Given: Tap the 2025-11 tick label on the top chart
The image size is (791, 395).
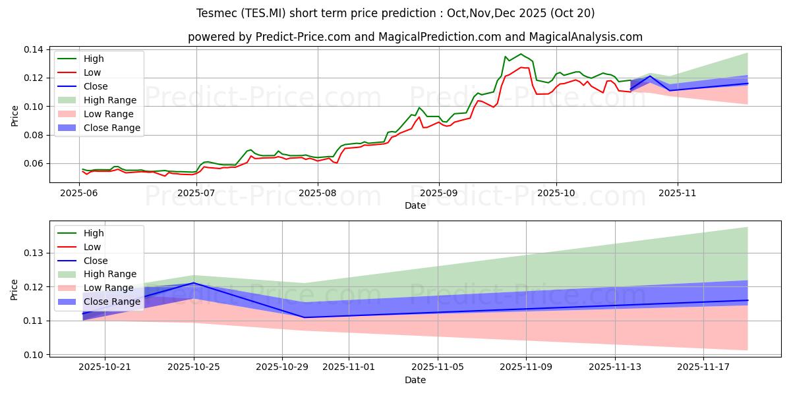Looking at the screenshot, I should tap(678, 193).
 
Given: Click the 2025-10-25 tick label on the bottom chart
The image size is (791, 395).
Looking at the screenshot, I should tap(194, 367).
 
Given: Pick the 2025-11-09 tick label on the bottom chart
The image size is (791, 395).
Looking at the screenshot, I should tap(526, 367).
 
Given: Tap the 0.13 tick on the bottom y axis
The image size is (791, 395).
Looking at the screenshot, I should tap(34, 253).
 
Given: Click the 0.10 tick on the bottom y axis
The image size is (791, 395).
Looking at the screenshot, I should tap(34, 355).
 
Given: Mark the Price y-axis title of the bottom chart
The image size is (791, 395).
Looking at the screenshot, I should tap(15, 289).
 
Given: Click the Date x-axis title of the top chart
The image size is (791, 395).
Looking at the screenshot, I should tap(415, 205).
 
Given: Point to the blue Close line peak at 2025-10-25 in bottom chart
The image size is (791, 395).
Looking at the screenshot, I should tap(194, 283).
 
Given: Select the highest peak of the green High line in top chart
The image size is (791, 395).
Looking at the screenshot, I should tap(521, 54).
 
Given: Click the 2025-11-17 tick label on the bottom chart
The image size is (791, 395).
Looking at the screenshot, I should tap(703, 367).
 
